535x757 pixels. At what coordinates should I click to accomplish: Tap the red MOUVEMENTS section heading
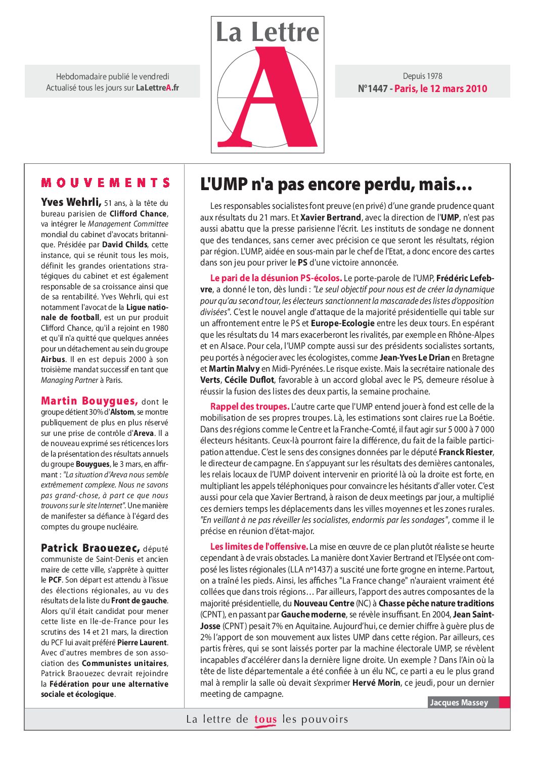105,183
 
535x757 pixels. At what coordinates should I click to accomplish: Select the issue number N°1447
372,89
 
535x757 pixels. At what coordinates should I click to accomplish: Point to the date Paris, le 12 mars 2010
441,89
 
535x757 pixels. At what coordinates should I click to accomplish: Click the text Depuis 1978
422,76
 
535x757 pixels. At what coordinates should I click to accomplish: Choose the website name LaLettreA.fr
157,88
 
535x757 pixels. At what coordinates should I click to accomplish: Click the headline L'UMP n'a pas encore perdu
336,185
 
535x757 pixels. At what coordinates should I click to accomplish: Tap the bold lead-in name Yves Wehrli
71,203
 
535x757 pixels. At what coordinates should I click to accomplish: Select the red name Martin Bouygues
89,401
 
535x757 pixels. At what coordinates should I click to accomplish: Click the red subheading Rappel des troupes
250,407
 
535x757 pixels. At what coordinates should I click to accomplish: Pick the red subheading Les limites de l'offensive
259,547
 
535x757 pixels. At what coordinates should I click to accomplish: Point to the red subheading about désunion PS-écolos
276,278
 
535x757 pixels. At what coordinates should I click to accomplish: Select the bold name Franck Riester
466,452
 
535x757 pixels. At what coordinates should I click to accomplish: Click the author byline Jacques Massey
459,702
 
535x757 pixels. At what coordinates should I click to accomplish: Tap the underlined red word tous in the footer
265,720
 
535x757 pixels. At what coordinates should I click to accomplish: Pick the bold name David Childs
124,245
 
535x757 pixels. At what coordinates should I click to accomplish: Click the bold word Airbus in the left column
53,360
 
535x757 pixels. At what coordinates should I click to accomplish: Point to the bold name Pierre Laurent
142,643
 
